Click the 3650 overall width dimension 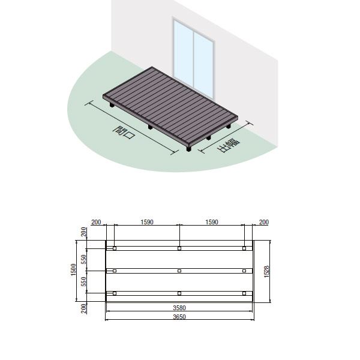coord(179,317)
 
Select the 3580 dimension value coord(179,308)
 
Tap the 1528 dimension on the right coord(266,272)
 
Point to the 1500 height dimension coord(73,270)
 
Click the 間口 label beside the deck coord(124,133)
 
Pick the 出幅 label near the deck coord(228,145)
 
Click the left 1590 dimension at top coord(147,222)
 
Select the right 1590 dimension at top coord(212,222)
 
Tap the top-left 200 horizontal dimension coord(96,222)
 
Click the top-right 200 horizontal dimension coord(264,222)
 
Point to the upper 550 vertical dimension coord(84,259)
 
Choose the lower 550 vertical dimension coord(84,282)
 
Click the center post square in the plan coord(179,271)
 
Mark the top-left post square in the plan coord(115,248)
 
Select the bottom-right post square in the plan coord(244,293)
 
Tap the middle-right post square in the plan coord(244,271)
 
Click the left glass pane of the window coord(183,53)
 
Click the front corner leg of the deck coord(189,148)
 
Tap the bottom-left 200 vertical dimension coord(84,308)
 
